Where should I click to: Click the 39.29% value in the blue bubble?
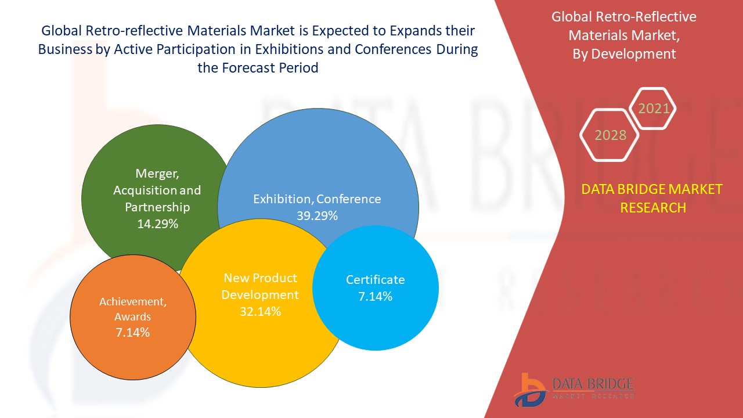pos(317,216)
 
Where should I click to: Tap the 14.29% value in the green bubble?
pos(157,224)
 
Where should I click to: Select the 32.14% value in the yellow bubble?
pos(261,312)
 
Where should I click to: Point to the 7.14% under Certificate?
pos(375,296)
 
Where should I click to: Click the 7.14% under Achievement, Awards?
pos(133,332)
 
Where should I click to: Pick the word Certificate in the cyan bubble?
pos(375,280)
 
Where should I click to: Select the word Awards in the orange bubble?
pos(133,317)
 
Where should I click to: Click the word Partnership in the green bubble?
pos(157,207)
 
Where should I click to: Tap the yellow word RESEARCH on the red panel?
pos(653,208)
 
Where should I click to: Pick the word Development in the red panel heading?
pos(633,54)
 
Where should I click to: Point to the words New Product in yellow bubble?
pos(261,278)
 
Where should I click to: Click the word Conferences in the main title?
pos(393,49)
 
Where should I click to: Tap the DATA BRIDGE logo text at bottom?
pos(593,384)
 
